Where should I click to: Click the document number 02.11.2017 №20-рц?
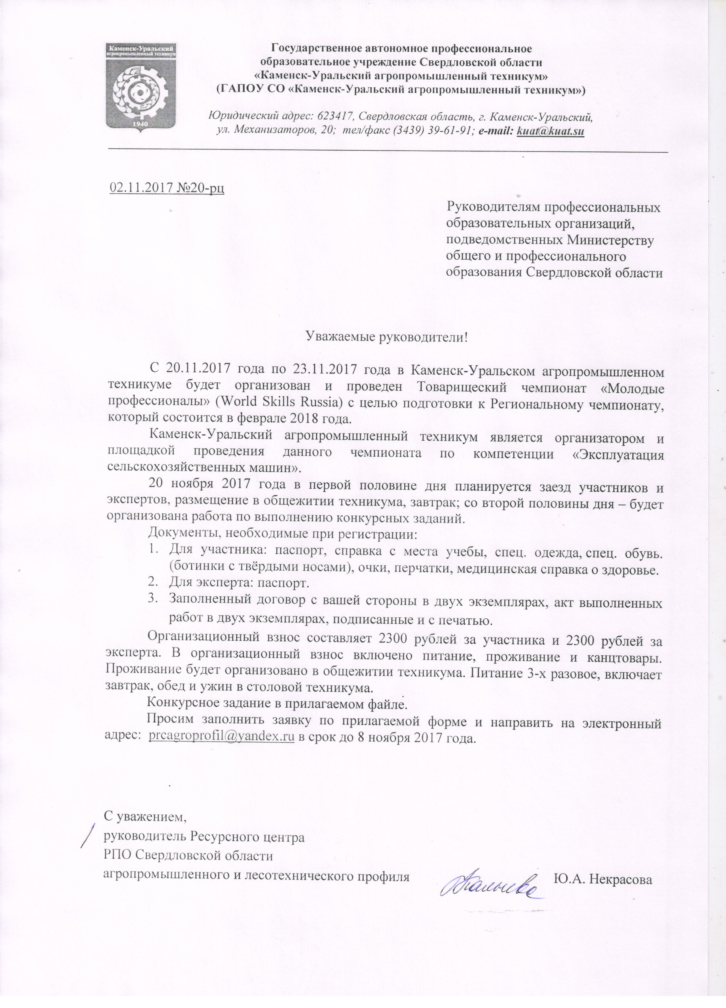167,189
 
